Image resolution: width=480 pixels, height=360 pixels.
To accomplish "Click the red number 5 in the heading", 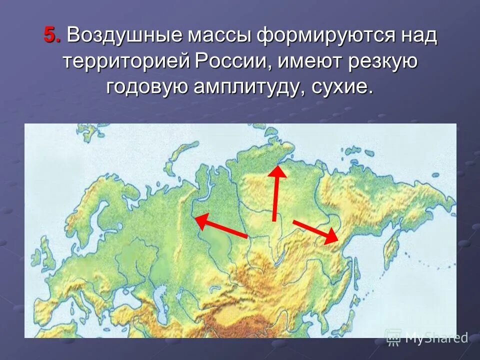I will tap(50, 35).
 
